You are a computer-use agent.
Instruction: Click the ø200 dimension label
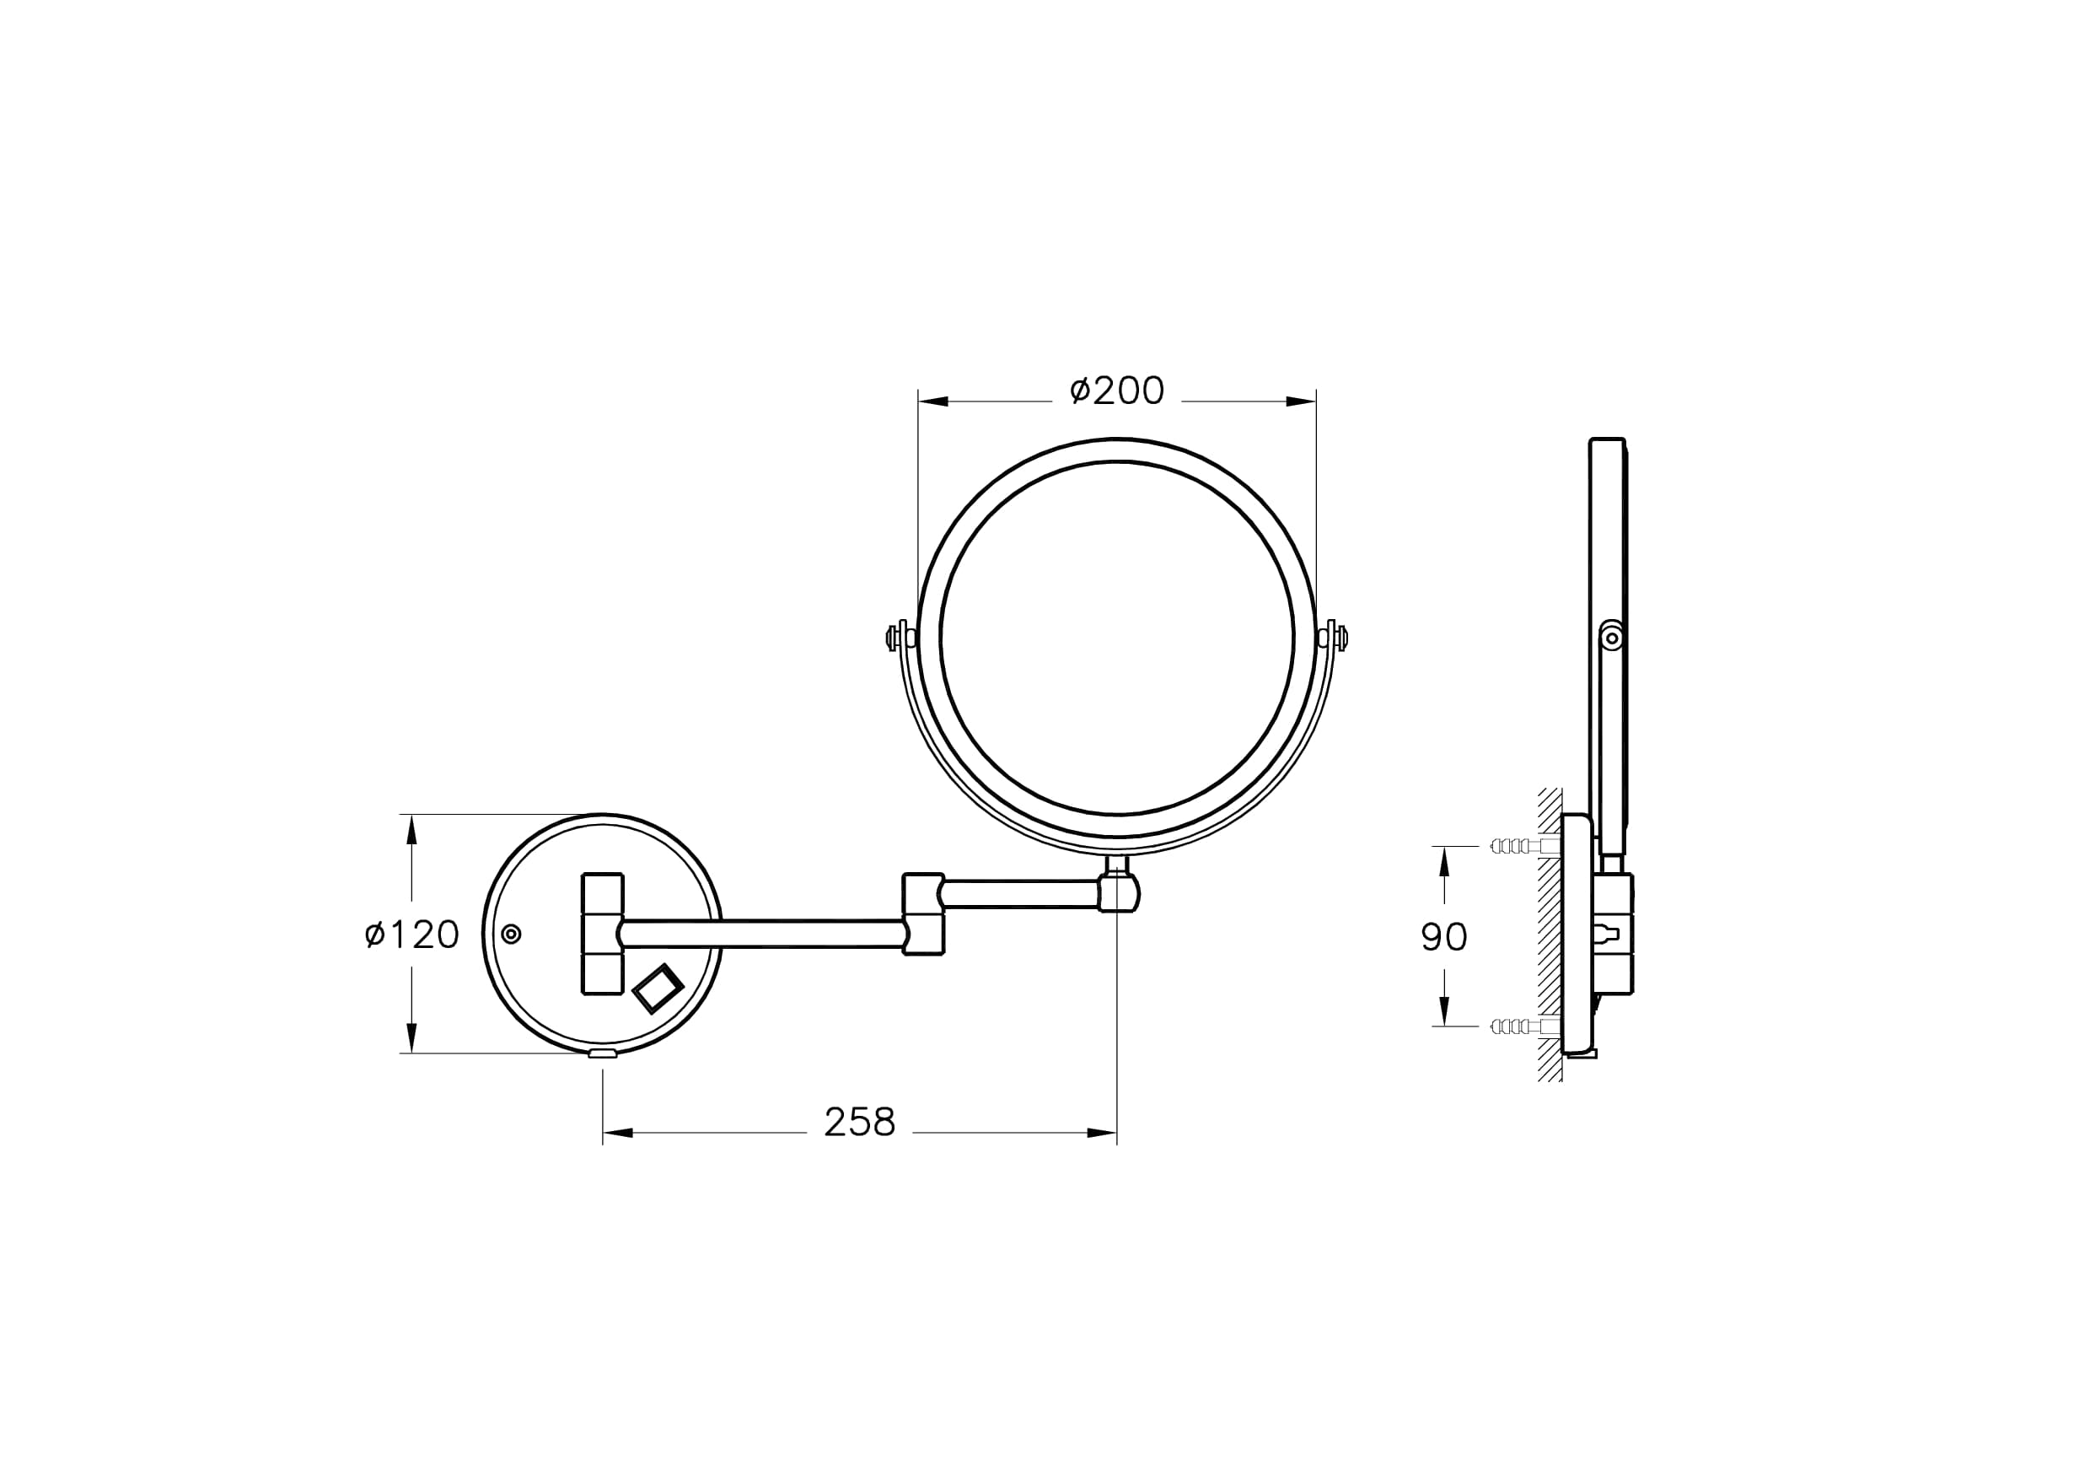(x=1117, y=391)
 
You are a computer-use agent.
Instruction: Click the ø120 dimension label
(x=411, y=935)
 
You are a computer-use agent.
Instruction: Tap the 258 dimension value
(x=859, y=1123)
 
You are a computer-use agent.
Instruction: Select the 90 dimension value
(x=1443, y=937)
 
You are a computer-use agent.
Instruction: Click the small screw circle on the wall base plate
(x=512, y=934)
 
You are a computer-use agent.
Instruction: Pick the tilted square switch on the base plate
(x=658, y=988)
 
